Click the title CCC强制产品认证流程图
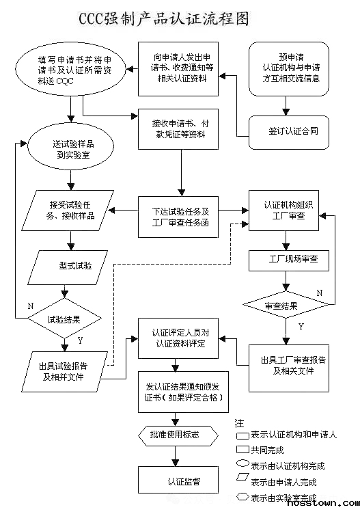180,18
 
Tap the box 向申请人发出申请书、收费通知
180,69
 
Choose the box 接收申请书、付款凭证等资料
180,128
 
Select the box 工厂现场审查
288,260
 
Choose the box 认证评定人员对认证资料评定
180,338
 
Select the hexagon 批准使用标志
180,434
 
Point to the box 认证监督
180,480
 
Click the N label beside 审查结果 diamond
319,293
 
